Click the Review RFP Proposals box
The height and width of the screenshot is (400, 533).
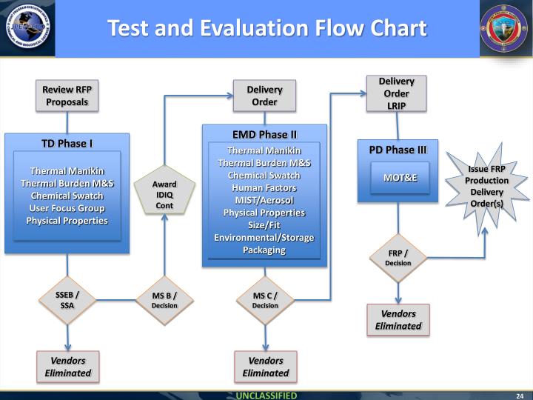pyautogui.click(x=67, y=96)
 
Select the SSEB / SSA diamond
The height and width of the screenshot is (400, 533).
pyautogui.click(x=67, y=300)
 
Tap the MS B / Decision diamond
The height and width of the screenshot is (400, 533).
pyautogui.click(x=164, y=300)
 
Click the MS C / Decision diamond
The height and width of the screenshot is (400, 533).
pyautogui.click(x=265, y=300)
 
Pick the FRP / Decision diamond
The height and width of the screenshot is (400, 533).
pyautogui.click(x=398, y=258)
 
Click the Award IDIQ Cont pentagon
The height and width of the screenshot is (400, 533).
pyautogui.click(x=164, y=194)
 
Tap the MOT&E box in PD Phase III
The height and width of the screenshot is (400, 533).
pyautogui.click(x=400, y=178)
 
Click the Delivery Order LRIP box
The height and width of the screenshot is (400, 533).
pyautogui.click(x=396, y=93)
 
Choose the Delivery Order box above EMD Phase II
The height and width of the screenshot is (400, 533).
pyautogui.click(x=264, y=96)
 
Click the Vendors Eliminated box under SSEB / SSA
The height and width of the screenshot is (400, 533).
pyautogui.click(x=67, y=367)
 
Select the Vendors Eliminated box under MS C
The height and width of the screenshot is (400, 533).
pyautogui.click(x=265, y=367)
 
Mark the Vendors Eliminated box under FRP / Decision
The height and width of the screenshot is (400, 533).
pyautogui.click(x=398, y=319)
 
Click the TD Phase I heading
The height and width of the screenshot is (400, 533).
pyautogui.click(x=67, y=143)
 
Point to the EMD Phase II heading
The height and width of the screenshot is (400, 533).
pyautogui.click(x=264, y=134)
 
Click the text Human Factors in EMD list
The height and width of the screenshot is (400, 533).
pyautogui.click(x=264, y=188)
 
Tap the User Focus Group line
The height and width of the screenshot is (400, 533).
pyautogui.click(x=67, y=208)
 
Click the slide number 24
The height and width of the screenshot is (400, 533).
pyautogui.click(x=520, y=395)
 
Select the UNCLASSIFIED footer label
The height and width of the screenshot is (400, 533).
pyautogui.click(x=266, y=395)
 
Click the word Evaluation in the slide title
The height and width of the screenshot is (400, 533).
pyautogui.click(x=269, y=28)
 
